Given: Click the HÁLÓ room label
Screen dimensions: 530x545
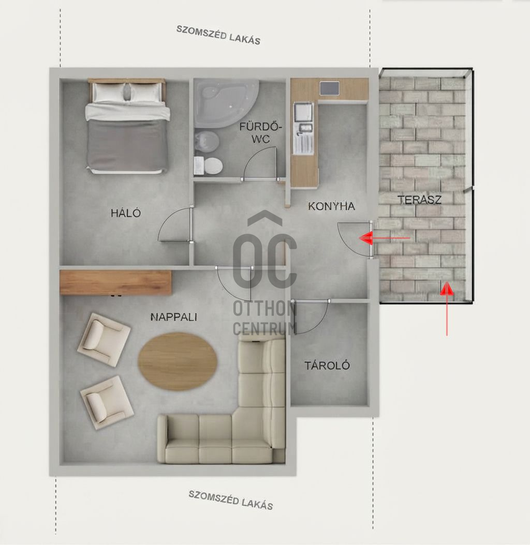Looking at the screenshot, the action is tap(126, 213).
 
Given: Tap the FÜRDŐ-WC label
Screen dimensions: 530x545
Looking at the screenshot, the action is tap(260, 133).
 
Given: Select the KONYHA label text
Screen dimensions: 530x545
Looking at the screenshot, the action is tap(331, 206).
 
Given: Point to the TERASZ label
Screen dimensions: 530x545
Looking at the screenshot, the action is tap(419, 200).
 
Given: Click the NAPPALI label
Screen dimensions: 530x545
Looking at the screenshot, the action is tap(174, 317).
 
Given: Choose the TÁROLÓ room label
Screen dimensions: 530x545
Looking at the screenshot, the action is tap(327, 365).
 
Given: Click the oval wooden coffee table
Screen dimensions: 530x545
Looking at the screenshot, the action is tap(178, 361).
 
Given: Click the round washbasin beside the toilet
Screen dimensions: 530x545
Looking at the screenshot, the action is tap(206, 141).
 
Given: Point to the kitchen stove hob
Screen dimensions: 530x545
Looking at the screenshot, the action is tap(330, 87).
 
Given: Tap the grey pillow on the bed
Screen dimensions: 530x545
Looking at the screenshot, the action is tap(128, 92).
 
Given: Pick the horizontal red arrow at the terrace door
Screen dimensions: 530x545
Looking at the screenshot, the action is tap(385, 238).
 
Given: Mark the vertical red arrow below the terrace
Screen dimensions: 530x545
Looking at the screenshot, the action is tap(447, 309).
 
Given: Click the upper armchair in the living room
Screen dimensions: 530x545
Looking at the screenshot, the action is tap(104, 339).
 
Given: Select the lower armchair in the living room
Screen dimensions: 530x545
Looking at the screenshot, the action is tap(107, 402).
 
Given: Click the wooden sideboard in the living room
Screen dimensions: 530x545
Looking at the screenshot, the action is tap(115, 282).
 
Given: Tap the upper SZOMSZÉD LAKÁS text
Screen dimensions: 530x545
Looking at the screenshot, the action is tap(218, 35).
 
